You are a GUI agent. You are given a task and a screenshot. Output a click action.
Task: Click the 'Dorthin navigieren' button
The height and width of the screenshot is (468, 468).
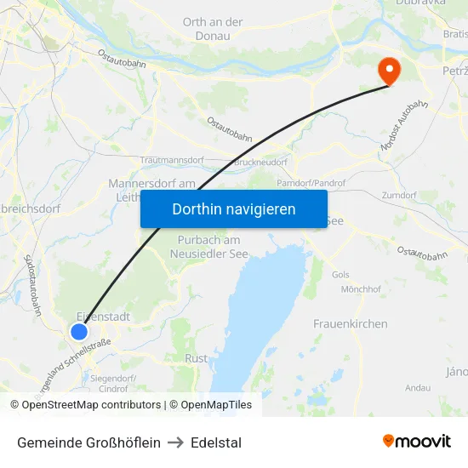pos(233,208)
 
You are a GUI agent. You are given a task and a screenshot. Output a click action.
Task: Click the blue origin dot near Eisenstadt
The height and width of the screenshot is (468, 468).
pos(79,332)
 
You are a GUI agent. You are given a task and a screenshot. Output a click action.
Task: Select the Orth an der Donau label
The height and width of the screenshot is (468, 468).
pos(213,29)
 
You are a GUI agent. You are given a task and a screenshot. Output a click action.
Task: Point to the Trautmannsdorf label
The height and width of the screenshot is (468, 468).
pos(174,160)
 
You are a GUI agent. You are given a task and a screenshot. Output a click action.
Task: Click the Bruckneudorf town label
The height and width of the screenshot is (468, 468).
pos(260,162)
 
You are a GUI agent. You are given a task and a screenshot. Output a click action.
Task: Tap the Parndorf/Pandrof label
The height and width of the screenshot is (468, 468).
pos(310,183)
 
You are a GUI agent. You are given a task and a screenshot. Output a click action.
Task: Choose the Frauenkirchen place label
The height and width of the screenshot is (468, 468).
pos(350,323)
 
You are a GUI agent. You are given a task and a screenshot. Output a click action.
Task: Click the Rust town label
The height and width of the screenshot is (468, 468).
pos(196,358)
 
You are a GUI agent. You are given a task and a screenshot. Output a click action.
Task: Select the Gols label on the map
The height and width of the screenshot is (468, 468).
pos(340,275)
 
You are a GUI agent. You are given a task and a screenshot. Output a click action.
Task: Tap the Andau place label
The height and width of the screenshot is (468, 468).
pos(418,387)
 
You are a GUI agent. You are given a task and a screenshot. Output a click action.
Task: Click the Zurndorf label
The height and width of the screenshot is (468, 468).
pos(399,195)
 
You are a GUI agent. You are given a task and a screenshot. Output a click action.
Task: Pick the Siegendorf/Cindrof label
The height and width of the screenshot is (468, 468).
pos(113,383)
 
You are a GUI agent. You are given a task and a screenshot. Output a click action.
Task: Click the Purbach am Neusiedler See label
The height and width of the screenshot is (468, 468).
pos(204,247)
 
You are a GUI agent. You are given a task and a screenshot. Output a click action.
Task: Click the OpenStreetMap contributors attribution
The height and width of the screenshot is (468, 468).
pos(85,405)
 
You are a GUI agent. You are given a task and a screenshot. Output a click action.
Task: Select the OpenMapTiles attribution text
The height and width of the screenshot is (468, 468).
pos(210,405)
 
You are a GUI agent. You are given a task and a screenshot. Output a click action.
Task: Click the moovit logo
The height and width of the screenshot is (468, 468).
pos(416,441)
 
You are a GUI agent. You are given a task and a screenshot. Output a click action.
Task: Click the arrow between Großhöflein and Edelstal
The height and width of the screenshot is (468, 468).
pos(175,442)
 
